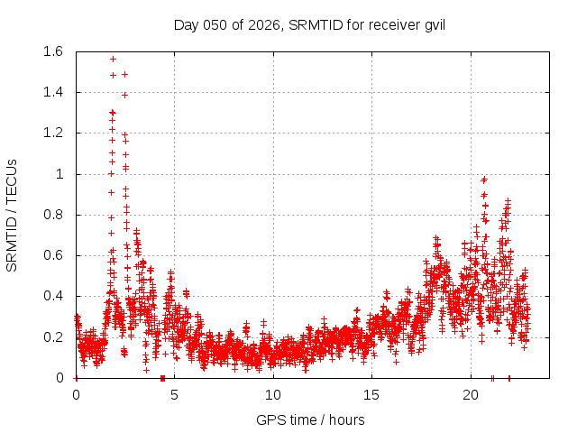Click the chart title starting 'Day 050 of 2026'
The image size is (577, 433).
click(309, 24)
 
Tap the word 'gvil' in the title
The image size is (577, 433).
click(433, 24)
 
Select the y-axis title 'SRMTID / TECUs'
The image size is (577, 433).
click(13, 215)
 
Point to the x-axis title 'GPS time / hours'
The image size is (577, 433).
click(309, 419)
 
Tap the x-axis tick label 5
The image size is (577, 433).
click(174, 395)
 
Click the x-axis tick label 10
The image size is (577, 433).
click(272, 395)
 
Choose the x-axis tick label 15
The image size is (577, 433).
click(371, 395)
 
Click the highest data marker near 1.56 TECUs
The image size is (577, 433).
click(113, 59)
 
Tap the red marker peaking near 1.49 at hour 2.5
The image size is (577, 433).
click(124, 74)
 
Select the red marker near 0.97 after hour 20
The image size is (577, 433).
click(484, 180)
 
